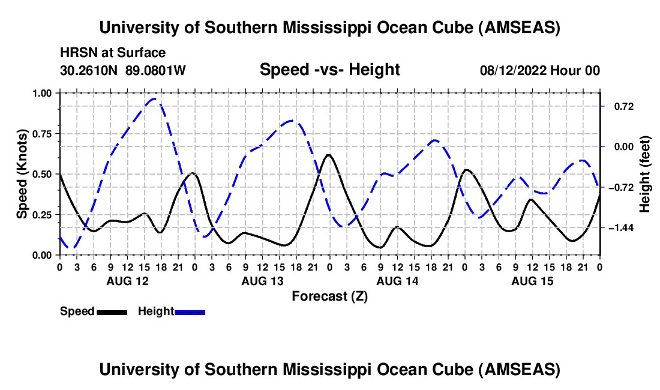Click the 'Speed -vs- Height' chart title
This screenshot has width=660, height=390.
click(x=329, y=70)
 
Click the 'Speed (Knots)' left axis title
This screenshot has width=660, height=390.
click(x=22, y=173)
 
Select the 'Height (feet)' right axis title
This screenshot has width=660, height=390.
click(x=645, y=174)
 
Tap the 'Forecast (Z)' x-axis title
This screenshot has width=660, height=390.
click(x=329, y=296)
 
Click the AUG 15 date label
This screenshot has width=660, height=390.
click(x=532, y=281)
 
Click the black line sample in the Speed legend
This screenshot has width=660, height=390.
click(x=112, y=312)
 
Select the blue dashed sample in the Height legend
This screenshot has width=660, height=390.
click(x=190, y=312)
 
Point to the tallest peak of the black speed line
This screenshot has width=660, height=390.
click(x=328, y=155)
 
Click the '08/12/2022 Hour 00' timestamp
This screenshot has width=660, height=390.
click(x=539, y=71)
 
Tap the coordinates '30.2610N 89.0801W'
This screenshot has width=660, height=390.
click(x=123, y=71)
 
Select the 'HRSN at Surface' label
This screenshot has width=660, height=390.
click(x=113, y=53)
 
